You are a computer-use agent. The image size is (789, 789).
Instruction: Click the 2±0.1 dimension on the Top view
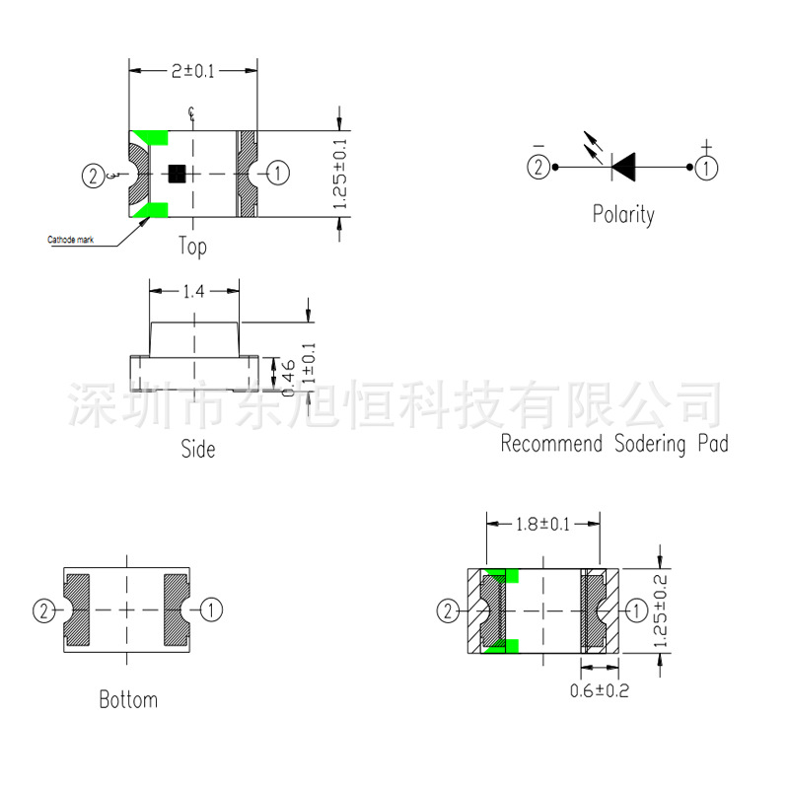coord(192,70)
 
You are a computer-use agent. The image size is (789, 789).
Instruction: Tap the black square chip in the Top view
coord(178,173)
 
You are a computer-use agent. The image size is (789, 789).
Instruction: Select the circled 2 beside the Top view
coord(92,177)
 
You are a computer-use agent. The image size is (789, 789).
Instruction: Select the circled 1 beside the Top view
coord(278,174)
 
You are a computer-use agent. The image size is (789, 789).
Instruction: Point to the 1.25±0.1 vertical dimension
coord(340,174)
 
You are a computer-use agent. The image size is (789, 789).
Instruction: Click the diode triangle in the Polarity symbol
coord(623,166)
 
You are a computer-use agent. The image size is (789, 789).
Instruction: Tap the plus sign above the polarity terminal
coord(706,147)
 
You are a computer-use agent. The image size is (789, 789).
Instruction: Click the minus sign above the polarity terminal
coord(538,147)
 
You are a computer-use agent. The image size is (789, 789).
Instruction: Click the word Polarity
coord(622,214)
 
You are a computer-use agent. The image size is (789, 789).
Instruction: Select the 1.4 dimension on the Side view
coord(194,291)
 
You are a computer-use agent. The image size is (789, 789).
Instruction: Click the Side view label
coord(197,449)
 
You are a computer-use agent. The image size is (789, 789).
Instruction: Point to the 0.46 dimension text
coord(288,379)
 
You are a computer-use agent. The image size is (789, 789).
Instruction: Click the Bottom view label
coord(128,700)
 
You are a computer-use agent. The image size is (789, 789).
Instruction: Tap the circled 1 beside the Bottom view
coord(211,610)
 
